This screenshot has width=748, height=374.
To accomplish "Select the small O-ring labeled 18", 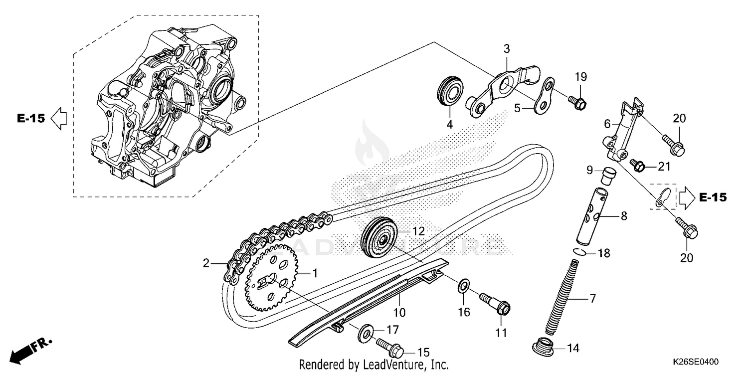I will tap(577, 253).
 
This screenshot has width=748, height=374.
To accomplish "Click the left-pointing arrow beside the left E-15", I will tap(59, 119).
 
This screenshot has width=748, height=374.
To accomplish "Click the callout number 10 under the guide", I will tap(399, 313).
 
